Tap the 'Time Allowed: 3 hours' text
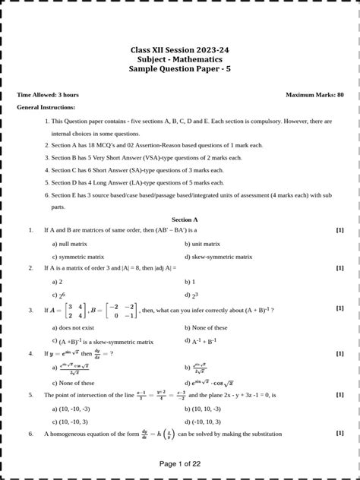(x=48, y=95)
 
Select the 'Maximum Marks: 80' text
(x=314, y=95)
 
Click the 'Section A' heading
(x=180, y=219)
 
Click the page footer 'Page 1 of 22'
(x=179, y=463)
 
